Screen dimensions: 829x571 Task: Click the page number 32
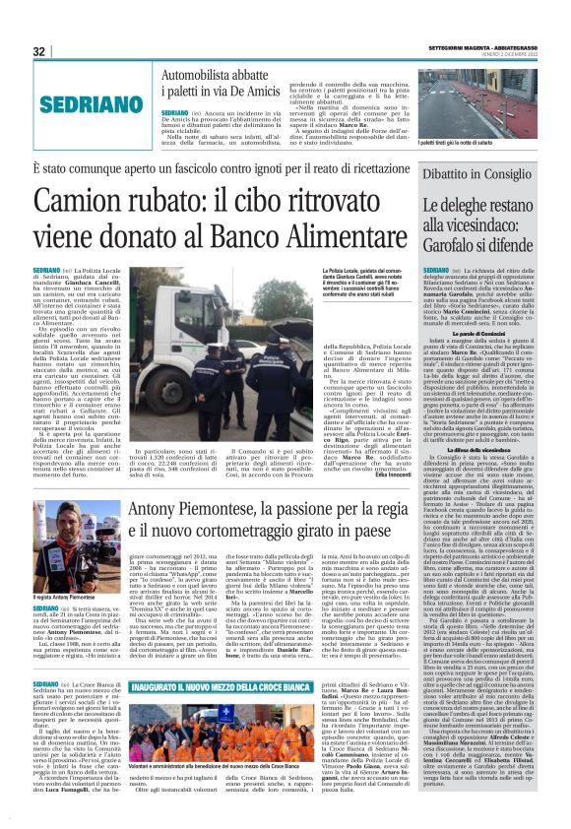click(39, 51)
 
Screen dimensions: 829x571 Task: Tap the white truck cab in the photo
click(187, 315)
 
